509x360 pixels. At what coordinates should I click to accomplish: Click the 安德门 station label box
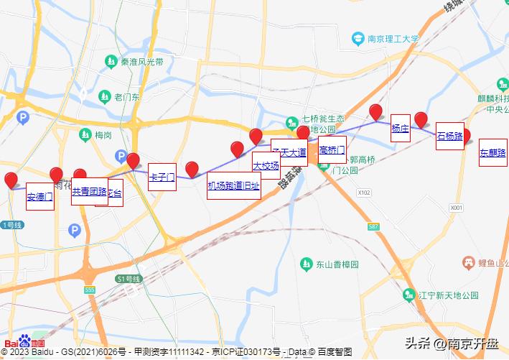pos(39,196)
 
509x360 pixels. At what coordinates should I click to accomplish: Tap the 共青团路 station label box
pos(89,192)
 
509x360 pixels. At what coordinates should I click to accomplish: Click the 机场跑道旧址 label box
pos(233,185)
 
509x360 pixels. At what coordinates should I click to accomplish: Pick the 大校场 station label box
pos(266,165)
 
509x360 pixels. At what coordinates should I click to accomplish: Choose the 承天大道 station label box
pos(289,152)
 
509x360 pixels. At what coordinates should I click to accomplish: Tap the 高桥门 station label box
pos(332,150)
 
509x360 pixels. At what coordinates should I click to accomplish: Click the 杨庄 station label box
pos(400,129)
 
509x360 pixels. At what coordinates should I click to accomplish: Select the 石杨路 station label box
pos(449,136)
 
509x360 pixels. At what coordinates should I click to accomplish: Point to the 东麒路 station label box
pos(492,152)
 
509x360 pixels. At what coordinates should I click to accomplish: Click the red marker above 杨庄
pos(375,112)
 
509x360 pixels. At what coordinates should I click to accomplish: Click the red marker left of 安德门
pos(11,180)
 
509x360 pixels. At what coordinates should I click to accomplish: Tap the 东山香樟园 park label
pos(334,264)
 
